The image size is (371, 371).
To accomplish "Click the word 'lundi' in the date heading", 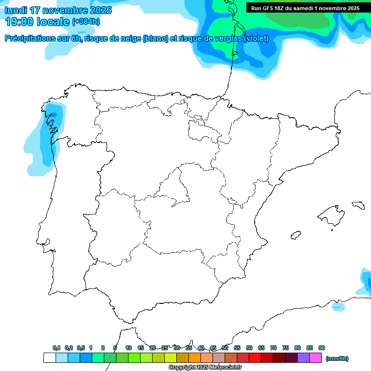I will pos(16,10).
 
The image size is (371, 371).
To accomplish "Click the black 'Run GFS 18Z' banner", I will pos(305,8).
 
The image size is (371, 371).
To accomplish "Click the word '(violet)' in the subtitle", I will pos(256,39).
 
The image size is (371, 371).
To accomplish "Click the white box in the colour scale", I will pos(49,358).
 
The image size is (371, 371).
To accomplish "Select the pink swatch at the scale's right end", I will pos(315,358).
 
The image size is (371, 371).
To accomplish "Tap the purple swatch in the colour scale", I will pos(303,358).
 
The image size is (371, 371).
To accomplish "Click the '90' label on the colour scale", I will pos(322,348).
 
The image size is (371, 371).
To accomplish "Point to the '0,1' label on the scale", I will pos(57,348).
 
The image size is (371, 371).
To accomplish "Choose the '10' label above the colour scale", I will pos(128,348).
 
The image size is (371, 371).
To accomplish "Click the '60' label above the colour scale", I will pos(249,348).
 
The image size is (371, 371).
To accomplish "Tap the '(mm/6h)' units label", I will pos(337,358).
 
